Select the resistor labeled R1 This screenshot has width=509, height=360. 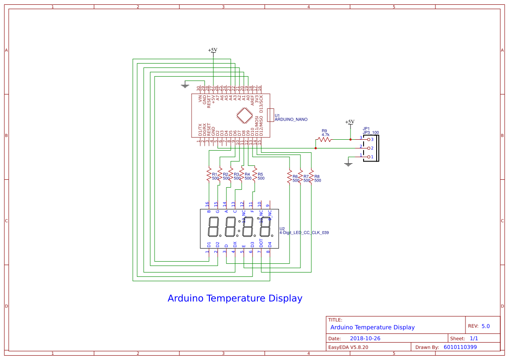pyautogui.click(x=209, y=175)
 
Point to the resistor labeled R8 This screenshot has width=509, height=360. pyautogui.click(x=311, y=176)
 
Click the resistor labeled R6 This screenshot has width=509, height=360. pyautogui.click(x=289, y=176)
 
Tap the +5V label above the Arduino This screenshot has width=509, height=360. pyautogui.click(x=212, y=50)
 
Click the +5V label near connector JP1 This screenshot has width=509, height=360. pyautogui.click(x=350, y=122)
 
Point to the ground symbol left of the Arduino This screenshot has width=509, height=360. pyautogui.click(x=185, y=85)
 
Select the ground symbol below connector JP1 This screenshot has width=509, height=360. pyautogui.click(x=348, y=164)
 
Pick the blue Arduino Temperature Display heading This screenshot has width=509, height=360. pyautogui.click(x=235, y=299)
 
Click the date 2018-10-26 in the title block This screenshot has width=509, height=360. pyautogui.click(x=365, y=338)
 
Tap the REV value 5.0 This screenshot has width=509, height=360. pyautogui.click(x=485, y=326)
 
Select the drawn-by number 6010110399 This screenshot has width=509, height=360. pyautogui.click(x=460, y=347)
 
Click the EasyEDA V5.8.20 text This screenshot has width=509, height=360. pyautogui.click(x=348, y=347)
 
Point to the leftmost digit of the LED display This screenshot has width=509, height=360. pyautogui.click(x=213, y=227)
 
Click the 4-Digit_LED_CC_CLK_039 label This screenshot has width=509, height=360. pyautogui.click(x=304, y=232)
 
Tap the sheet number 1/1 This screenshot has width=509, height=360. pyautogui.click(x=474, y=338)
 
